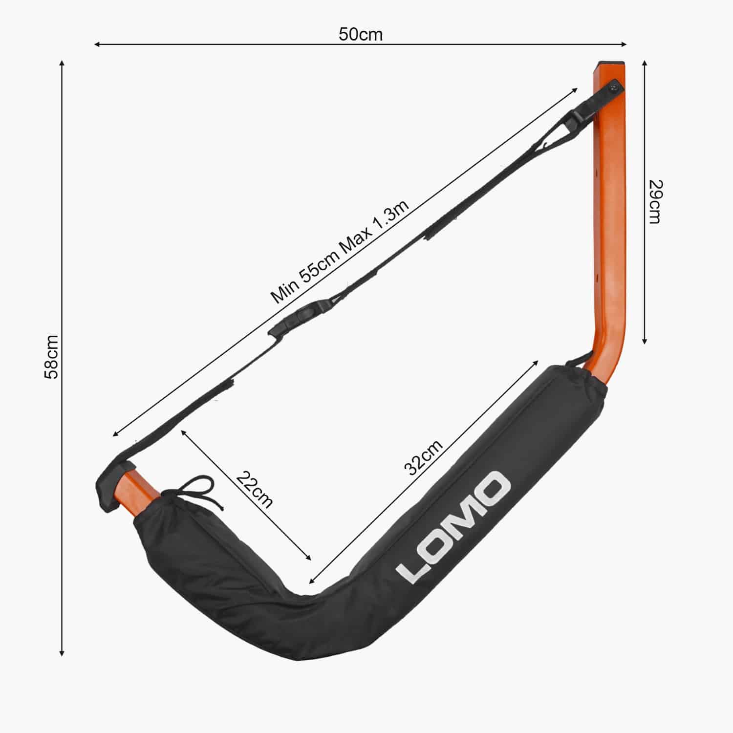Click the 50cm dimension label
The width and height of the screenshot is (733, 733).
click(361, 34)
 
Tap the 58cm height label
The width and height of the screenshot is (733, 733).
click(51, 357)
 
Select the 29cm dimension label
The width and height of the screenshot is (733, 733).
click(655, 201)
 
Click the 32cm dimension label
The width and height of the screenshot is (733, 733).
click(424, 457)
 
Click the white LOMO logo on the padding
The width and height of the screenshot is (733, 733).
click(453, 528)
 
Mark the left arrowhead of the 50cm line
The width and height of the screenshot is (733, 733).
click(96, 44)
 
